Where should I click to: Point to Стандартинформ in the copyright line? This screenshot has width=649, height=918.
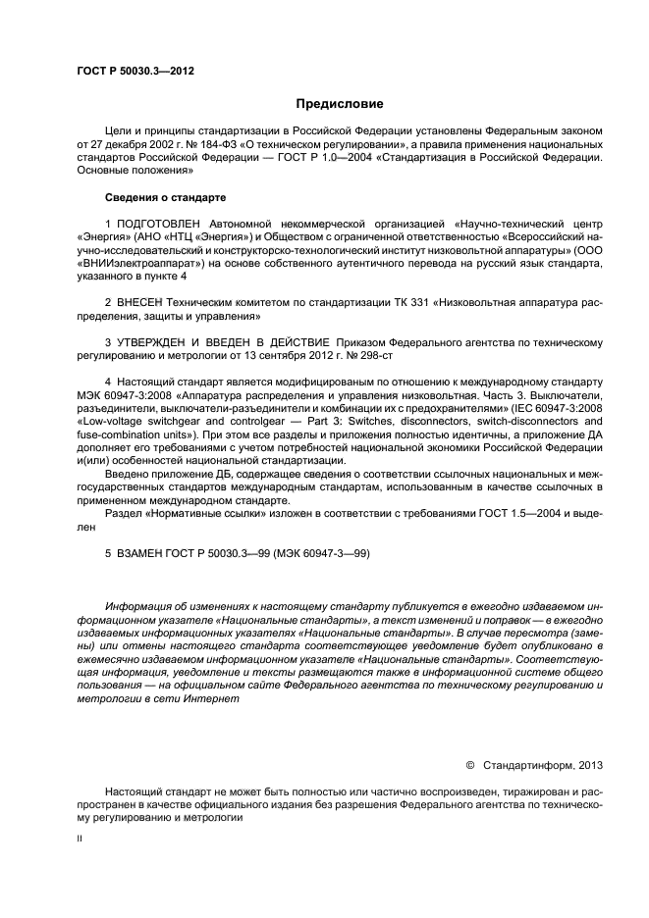pyautogui.click(x=528, y=764)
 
